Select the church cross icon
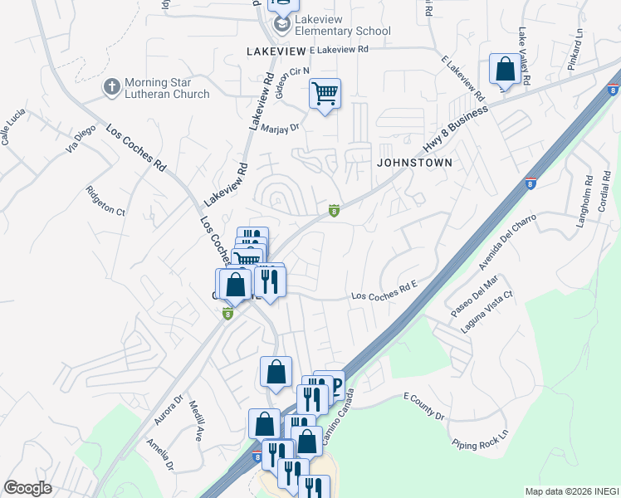pos(112,86)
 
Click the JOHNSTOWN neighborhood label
pos(414,163)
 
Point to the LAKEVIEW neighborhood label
pos(276,51)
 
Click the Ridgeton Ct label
pos(105,201)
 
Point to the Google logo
pos(27,488)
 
